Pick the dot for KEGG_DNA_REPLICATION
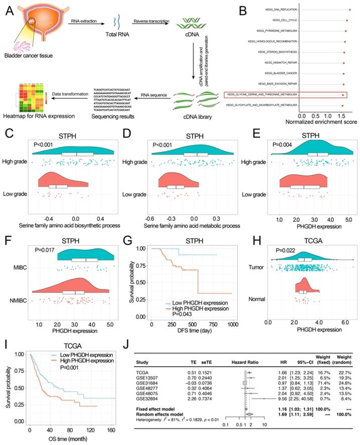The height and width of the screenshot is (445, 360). coord(349,10)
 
